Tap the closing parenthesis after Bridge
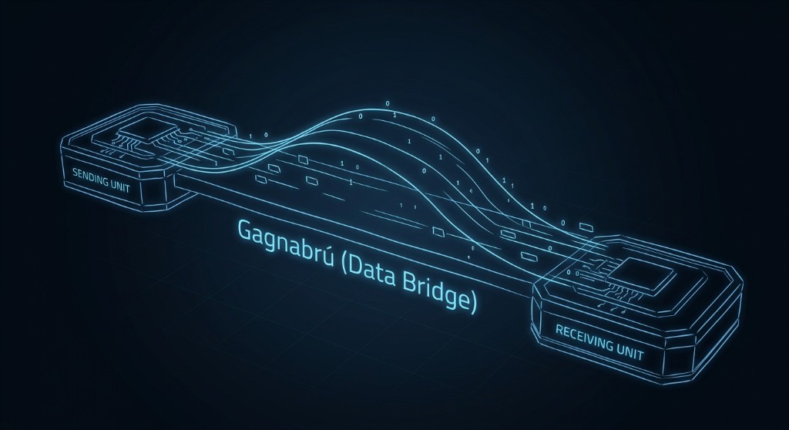pyautogui.click(x=472, y=303)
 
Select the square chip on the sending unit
pyautogui.click(x=144, y=131)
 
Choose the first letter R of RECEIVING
pyautogui.click(x=559, y=332)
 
